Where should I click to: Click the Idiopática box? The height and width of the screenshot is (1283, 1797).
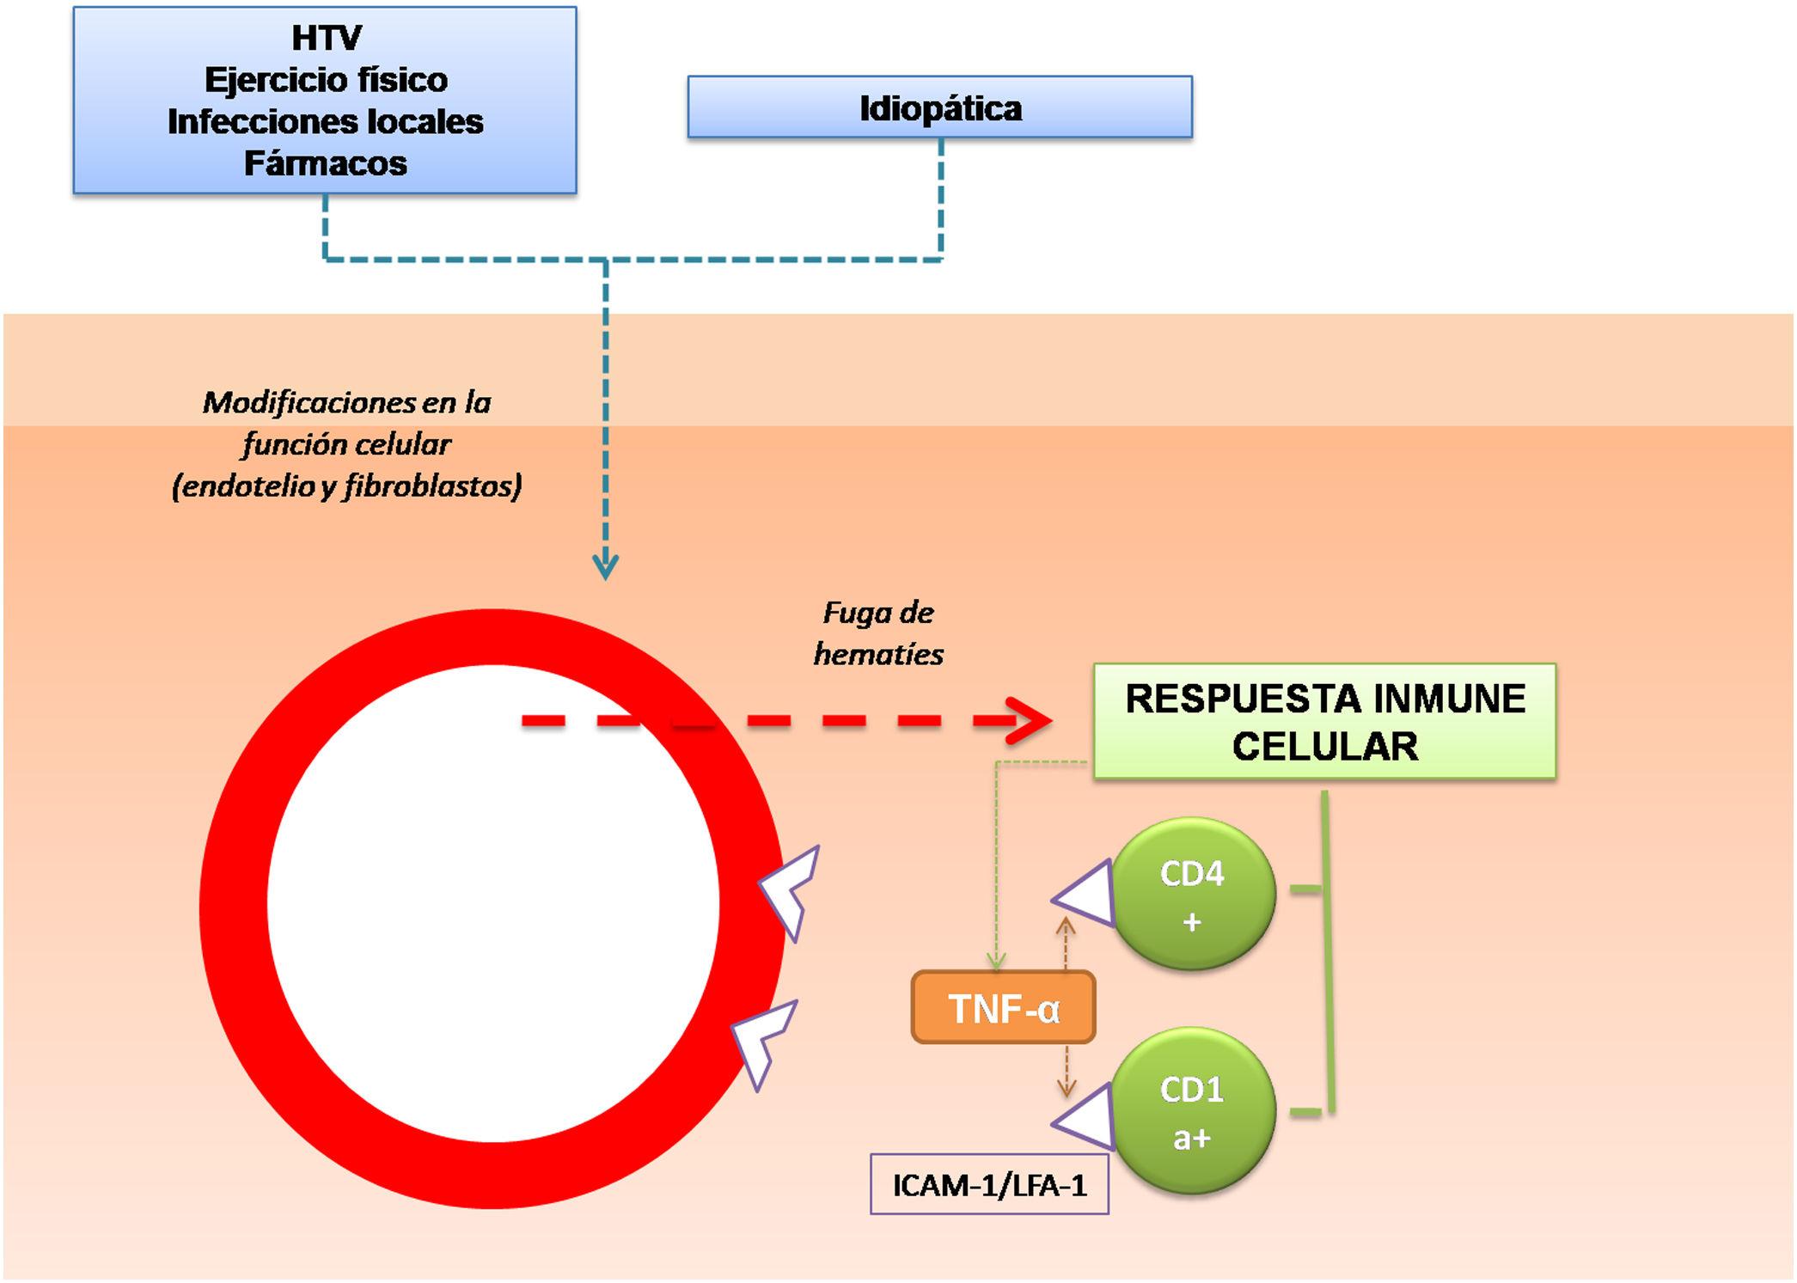(939, 107)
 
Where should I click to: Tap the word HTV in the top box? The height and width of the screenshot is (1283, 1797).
(327, 38)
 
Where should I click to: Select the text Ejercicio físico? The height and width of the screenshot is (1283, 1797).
(326, 80)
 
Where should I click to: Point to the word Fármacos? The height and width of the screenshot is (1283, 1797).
(326, 163)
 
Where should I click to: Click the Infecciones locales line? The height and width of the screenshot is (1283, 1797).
(326, 121)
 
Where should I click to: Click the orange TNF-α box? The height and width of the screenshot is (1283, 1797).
(1003, 1007)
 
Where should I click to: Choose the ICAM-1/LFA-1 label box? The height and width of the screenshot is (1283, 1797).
(989, 1184)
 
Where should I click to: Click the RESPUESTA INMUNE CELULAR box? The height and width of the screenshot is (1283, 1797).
(1324, 722)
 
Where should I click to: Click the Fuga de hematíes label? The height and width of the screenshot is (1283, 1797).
(878, 633)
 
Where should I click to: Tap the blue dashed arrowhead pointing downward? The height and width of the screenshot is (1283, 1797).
(606, 567)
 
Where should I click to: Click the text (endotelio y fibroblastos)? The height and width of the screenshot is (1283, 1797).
(347, 486)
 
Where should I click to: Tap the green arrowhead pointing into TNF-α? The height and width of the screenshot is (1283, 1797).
(996, 962)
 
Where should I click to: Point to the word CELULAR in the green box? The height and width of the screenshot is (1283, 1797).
(1324, 746)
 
